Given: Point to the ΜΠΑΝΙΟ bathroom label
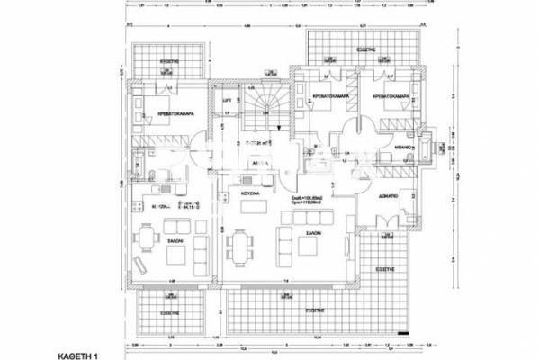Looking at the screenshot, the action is pyautogui.click(x=404, y=143).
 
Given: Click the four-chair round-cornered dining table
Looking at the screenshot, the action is pyautogui.click(x=147, y=236).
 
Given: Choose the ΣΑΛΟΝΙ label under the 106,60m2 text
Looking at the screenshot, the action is pyautogui.click(x=312, y=232).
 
